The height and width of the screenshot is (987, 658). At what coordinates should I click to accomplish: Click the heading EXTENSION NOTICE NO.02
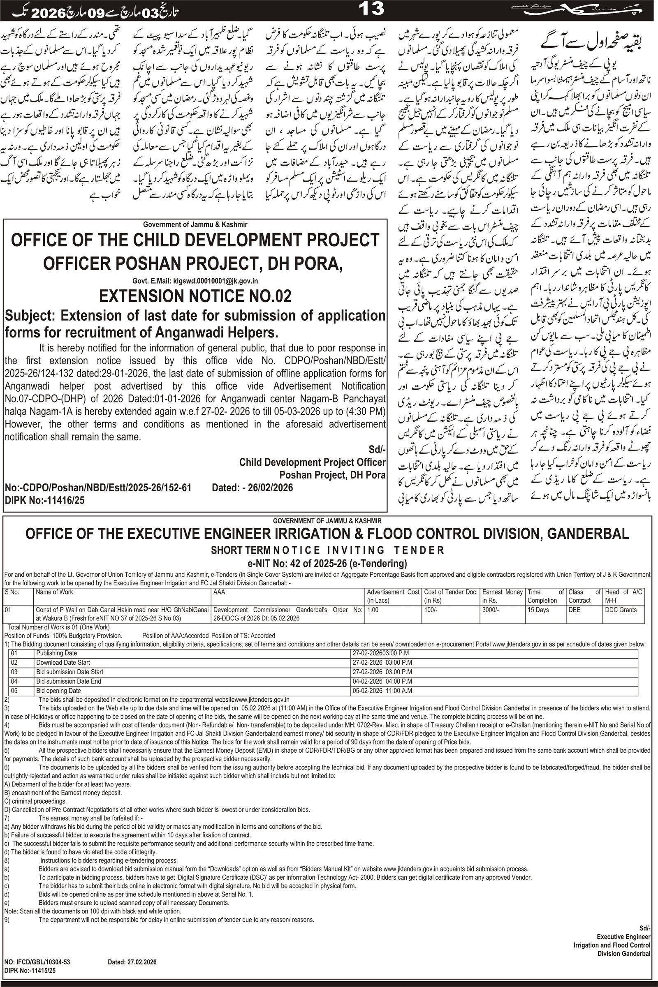coord(195,296)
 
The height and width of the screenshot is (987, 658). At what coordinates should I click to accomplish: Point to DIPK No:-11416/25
coord(45,500)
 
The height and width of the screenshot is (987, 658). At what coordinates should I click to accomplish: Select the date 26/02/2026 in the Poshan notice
coord(270,488)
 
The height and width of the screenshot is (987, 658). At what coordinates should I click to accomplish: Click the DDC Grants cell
coord(621,610)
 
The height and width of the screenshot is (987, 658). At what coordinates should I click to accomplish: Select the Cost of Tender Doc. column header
coord(451,596)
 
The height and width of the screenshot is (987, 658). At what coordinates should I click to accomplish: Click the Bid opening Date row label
coord(58,691)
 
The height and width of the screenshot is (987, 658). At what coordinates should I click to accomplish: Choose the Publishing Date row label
coord(57,653)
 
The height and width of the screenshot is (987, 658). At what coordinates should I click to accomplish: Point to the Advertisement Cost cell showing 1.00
coord(373,610)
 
